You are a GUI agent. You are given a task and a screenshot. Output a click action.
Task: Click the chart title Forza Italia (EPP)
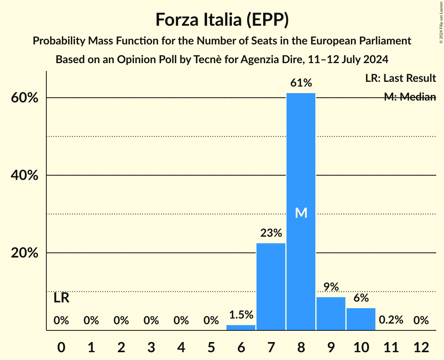pos(222,19)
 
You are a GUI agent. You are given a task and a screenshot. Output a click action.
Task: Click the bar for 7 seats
pos(271,286)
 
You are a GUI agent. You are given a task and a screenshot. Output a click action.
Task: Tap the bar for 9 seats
pos(331,313)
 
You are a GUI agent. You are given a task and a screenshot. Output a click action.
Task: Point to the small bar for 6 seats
pos(241,328)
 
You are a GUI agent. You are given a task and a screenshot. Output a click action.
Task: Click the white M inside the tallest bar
pos(301,213)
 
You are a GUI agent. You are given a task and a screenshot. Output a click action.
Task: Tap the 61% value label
pos(301,83)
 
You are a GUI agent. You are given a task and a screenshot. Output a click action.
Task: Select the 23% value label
pos(271,233)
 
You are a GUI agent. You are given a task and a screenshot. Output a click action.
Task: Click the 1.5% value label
pos(241,315)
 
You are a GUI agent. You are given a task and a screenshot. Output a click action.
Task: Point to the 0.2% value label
pos(391,320)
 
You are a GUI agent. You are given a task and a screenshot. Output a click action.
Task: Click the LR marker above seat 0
pos(61,298)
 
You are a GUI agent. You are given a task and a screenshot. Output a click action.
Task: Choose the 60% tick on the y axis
pos(24,98)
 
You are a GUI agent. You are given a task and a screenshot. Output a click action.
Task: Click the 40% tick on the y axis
pos(24,175)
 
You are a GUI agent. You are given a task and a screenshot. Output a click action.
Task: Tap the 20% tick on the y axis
pos(24,253)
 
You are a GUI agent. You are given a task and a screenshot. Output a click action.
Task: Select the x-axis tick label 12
pos(421,347)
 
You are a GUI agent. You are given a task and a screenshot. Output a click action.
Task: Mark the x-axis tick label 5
pos(211,347)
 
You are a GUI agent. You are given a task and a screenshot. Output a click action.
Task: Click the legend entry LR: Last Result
pos(400,78)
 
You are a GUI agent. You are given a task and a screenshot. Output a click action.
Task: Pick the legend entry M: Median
pos(410,97)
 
